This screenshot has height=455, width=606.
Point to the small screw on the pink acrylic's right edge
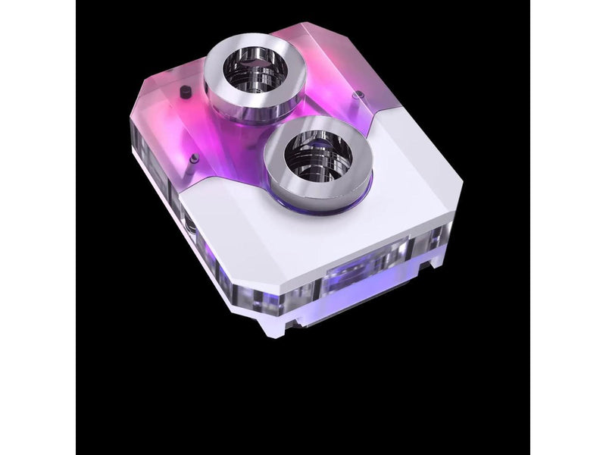pos(359,96)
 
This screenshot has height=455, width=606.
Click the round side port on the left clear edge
pos(189,227)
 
